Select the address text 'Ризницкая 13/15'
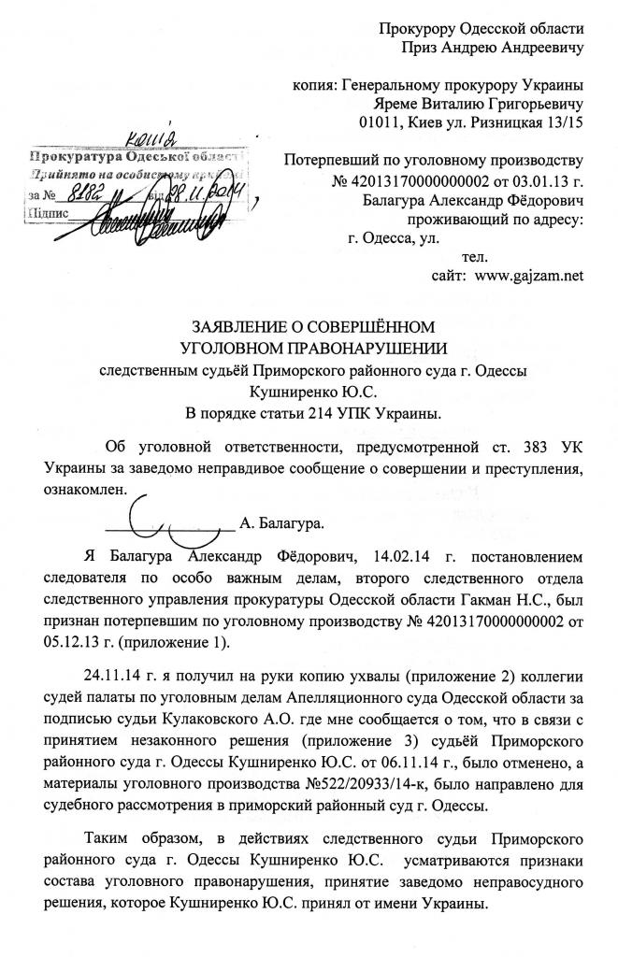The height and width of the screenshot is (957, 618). coord(521,121)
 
